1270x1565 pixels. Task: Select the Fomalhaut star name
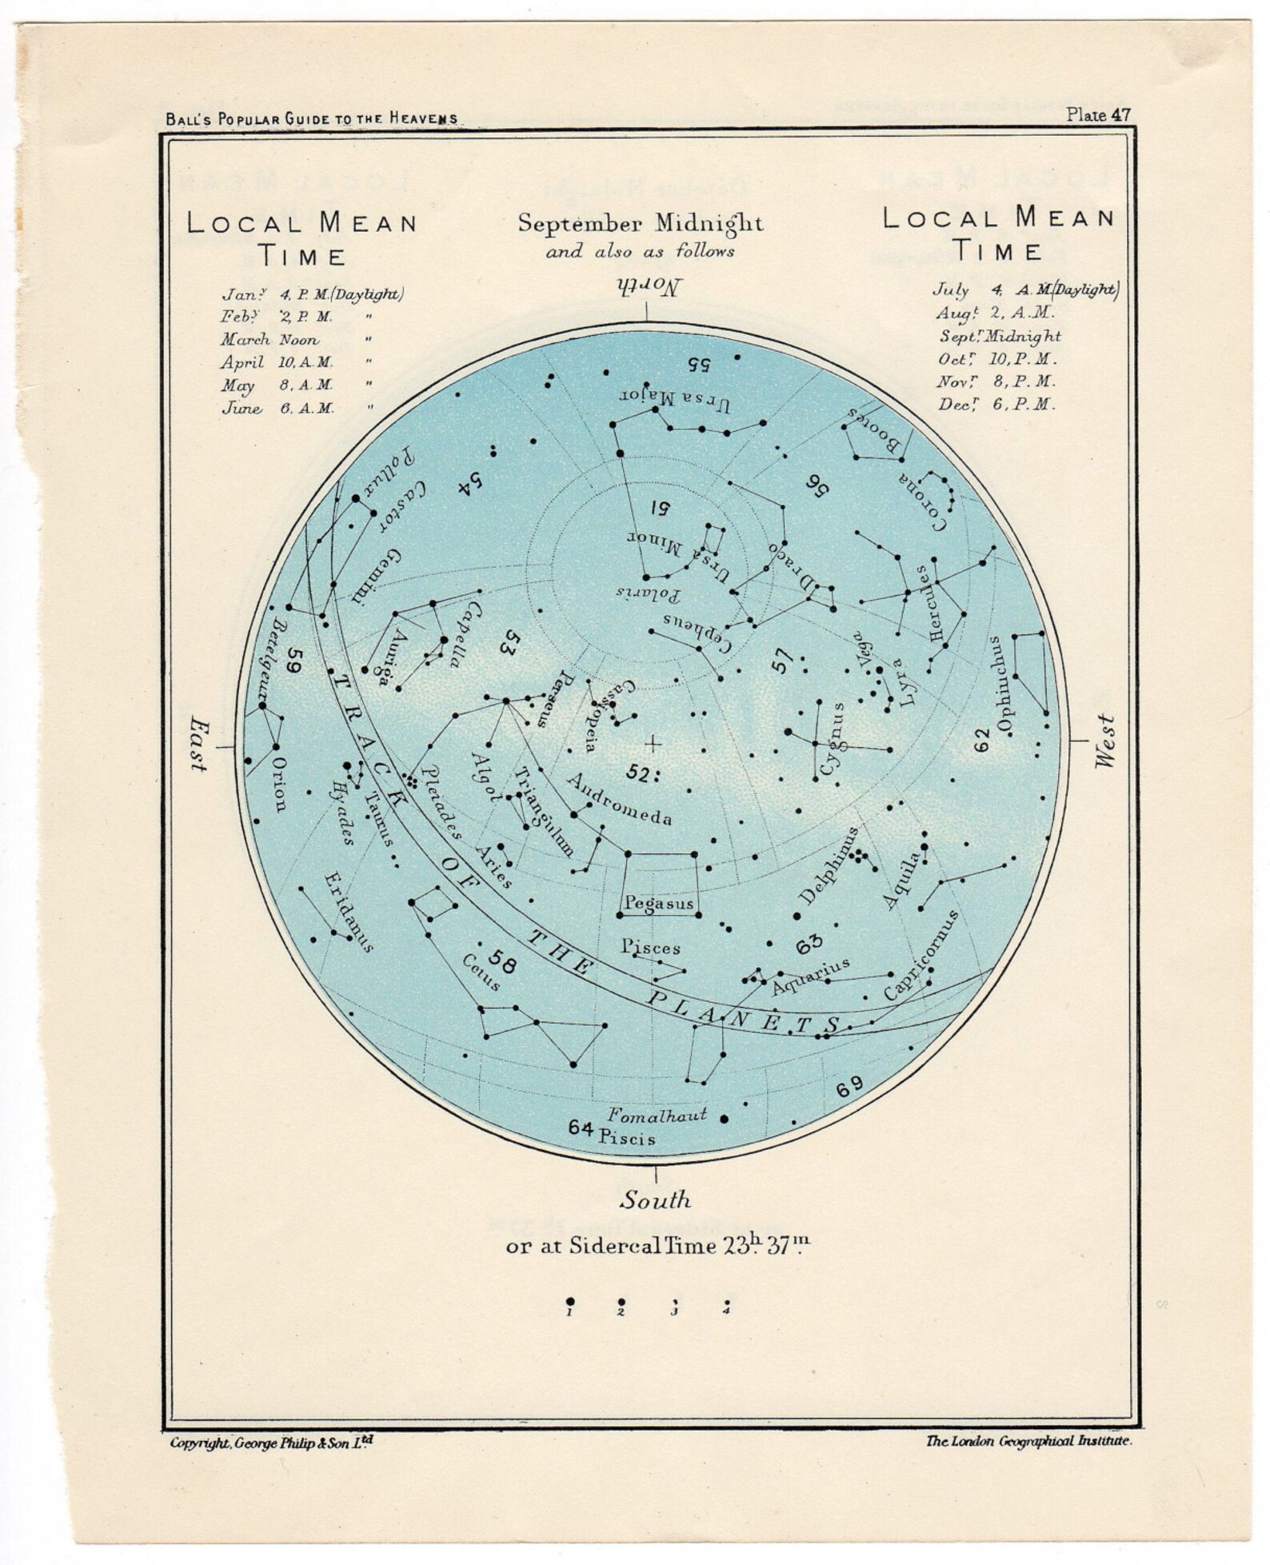click(x=657, y=1115)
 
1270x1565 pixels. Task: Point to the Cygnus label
click(x=833, y=740)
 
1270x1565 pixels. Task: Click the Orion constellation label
click(x=278, y=784)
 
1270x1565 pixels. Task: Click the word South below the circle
click(x=656, y=1200)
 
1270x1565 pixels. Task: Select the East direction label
click(x=197, y=745)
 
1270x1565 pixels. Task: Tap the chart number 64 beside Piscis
click(x=581, y=1128)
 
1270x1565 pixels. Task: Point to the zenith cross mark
click(x=653, y=745)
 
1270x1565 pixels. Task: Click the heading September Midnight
click(x=640, y=223)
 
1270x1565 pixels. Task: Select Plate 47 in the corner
click(x=1099, y=114)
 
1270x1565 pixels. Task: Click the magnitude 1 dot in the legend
click(x=569, y=1301)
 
